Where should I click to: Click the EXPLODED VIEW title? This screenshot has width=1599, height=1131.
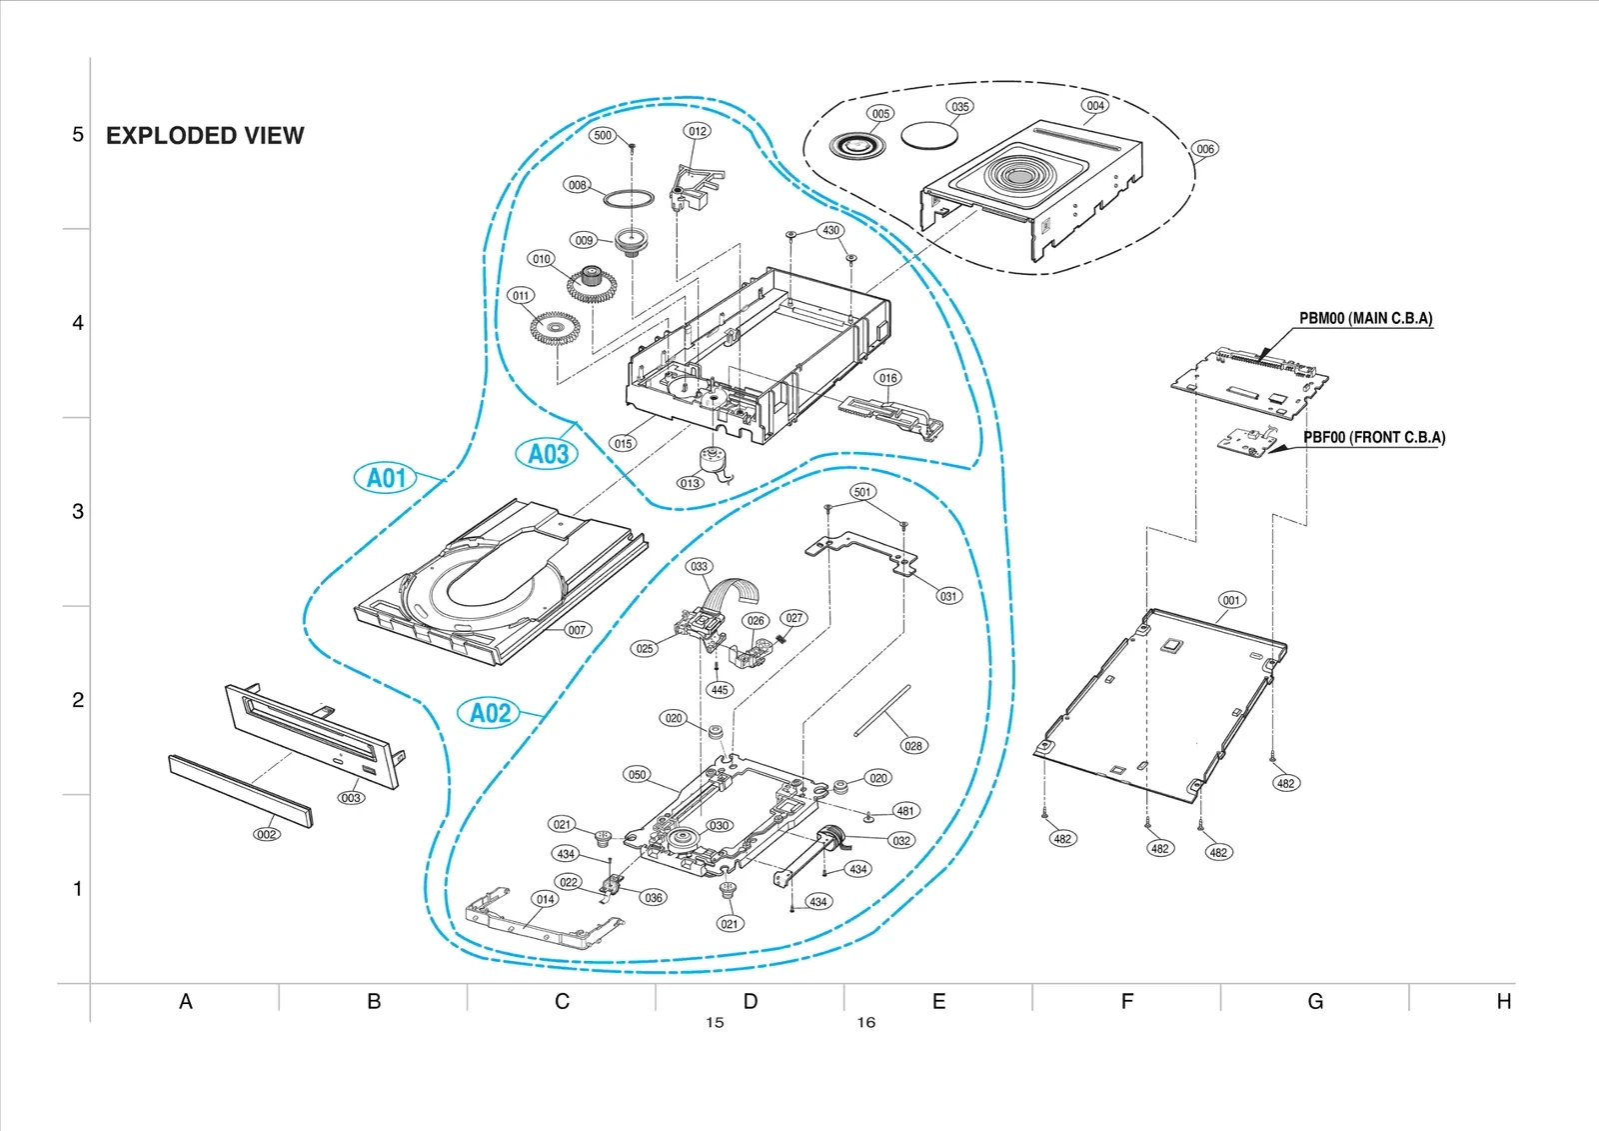point(205,136)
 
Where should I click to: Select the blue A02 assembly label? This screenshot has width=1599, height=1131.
point(490,713)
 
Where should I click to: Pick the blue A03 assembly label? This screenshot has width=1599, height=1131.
point(548,454)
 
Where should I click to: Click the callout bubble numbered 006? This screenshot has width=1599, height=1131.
point(1205,149)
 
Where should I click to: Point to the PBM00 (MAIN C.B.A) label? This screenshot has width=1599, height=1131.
point(1365,319)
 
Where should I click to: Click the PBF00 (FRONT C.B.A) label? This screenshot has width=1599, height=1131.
point(1373,437)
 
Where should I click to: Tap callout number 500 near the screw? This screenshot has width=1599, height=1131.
point(603,135)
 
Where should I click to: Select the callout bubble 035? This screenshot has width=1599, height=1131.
point(959,106)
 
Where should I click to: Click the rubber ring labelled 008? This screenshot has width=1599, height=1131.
point(626,198)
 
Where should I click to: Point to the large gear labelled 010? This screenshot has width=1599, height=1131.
point(592,285)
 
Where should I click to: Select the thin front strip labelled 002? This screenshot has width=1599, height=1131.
point(240,790)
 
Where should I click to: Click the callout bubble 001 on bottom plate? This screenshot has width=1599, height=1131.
point(1231,600)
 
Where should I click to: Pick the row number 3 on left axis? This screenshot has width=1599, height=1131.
point(78,511)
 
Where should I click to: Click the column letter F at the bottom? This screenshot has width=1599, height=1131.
point(1126,1001)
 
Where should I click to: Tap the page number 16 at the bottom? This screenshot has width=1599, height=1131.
point(865,1022)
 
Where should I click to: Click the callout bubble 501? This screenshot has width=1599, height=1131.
point(862,491)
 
